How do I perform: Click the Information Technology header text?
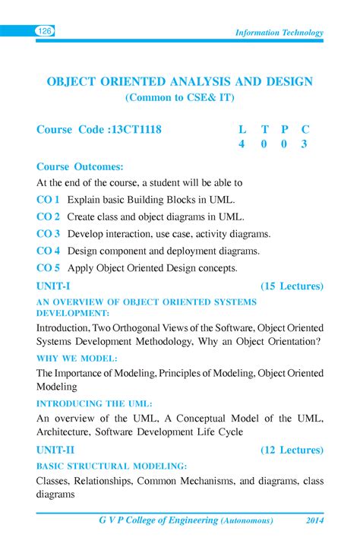[279, 33]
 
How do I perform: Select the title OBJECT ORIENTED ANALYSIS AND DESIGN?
[180, 81]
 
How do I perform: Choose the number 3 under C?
[304, 144]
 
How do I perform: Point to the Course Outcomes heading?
[80, 166]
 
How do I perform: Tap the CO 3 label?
[48, 233]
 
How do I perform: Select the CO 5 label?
[48, 267]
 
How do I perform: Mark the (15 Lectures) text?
[292, 286]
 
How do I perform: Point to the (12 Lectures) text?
[292, 450]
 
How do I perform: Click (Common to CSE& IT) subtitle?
[180, 98]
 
